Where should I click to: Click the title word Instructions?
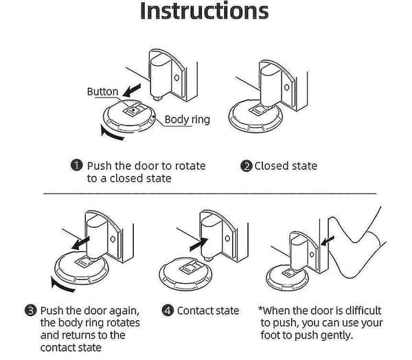coord(204,10)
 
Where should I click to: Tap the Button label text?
coord(102,91)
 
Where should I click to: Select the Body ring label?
coord(187,120)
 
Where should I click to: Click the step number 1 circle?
coord(77,166)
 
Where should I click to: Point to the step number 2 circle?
coord(247,166)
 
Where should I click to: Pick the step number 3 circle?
coord(31,311)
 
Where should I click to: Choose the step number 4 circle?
coord(168,311)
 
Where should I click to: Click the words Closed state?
coord(286,166)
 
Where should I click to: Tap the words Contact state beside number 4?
coord(208,311)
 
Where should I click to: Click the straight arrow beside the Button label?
coord(132,91)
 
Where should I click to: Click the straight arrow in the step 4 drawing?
coord(198,244)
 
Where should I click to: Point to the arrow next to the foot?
coord(328,240)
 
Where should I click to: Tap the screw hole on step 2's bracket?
coord(287,87)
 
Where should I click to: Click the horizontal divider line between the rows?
coord(210,194)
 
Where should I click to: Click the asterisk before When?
coord(260,308)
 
